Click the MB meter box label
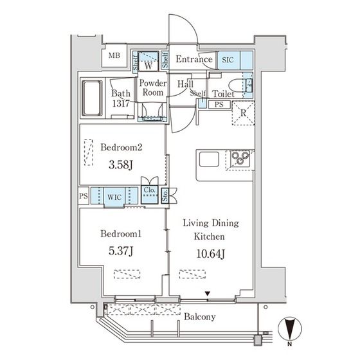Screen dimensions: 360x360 click(114, 55)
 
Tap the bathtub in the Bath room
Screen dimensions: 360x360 click(92, 98)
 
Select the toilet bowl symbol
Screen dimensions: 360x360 click(236, 86)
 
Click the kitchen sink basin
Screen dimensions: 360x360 click(209, 159)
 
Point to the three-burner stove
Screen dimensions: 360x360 click(240, 158)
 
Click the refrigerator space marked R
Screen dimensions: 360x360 click(244, 113)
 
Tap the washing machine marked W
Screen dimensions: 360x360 click(148, 61)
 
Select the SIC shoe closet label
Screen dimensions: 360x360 click(228, 60)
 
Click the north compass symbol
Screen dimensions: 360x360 click(290, 328)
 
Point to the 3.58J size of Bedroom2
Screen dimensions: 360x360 click(121, 165)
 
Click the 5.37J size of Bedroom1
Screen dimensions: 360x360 click(121, 251)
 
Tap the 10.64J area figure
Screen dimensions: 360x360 click(211, 254)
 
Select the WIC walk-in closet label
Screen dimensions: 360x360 click(114, 197)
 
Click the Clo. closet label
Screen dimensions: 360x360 click(149, 190)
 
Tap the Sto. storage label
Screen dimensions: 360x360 click(165, 195)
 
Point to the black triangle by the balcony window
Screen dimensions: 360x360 click(208, 293)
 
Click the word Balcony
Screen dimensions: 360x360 click(200, 317)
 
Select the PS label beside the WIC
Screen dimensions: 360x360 click(84, 196)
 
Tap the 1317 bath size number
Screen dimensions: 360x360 click(121, 104)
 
